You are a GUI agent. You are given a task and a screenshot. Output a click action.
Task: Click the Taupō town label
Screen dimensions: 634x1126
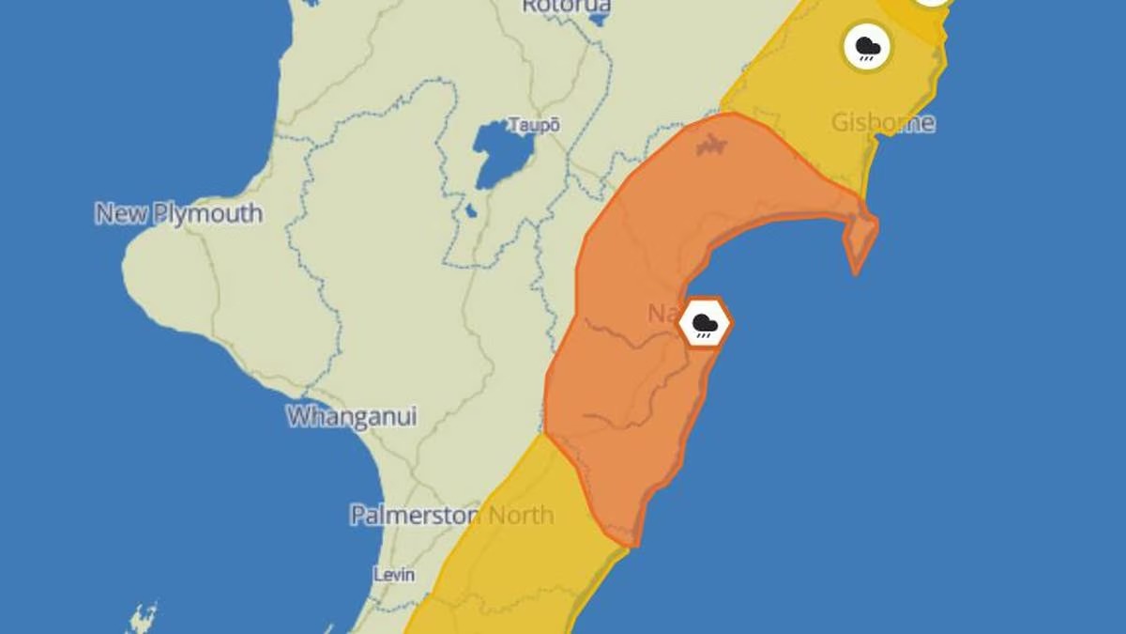(x=533, y=125)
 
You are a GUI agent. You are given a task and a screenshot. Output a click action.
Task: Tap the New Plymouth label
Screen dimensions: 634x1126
(x=178, y=213)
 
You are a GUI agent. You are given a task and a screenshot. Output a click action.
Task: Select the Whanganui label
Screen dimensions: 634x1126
(x=352, y=416)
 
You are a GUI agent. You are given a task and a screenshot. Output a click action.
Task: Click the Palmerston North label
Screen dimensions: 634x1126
(x=451, y=515)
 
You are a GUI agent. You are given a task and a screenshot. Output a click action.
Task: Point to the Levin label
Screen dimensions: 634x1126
(x=394, y=574)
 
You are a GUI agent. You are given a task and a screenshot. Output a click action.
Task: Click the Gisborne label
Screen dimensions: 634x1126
(x=883, y=123)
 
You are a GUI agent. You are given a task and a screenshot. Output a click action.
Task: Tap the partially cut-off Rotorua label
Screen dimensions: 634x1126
(x=566, y=6)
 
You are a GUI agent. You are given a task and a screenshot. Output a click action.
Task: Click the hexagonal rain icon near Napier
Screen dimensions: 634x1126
(x=705, y=323)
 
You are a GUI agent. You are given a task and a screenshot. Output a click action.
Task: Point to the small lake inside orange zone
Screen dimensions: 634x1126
(x=711, y=146)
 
